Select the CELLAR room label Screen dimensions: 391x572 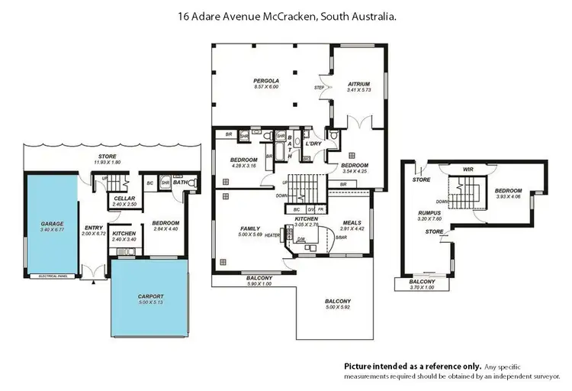tap(124, 199)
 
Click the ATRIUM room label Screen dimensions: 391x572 tap(358, 84)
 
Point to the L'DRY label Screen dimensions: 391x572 tap(313, 144)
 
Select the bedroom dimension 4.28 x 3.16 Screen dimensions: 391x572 tap(245, 166)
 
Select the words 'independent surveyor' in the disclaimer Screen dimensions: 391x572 tap(527, 377)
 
